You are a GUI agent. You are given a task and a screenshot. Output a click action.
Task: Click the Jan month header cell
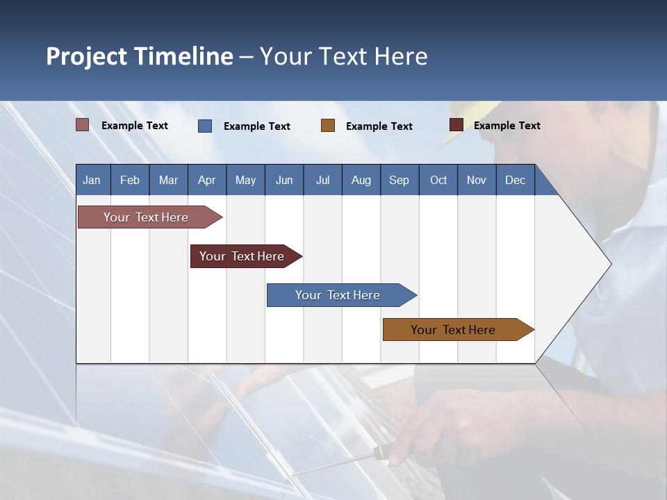click(92, 180)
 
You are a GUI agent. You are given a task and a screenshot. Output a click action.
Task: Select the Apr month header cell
click(207, 180)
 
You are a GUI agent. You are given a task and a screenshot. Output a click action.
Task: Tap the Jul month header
click(322, 180)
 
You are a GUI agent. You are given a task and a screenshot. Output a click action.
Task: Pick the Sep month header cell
click(399, 180)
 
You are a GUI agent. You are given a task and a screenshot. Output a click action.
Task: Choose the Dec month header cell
click(515, 180)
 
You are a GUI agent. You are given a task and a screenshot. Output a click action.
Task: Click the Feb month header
click(130, 180)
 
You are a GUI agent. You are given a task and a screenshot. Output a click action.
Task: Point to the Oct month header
click(438, 180)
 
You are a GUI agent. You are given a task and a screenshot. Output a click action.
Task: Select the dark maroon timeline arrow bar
click(243, 256)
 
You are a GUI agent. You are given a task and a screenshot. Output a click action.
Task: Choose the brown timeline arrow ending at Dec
click(455, 330)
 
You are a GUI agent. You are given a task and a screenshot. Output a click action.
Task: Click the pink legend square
click(83, 125)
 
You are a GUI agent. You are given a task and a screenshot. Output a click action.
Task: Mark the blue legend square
click(205, 126)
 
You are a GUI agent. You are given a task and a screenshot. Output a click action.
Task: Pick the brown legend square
click(328, 126)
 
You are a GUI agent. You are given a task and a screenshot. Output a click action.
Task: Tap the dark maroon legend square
click(456, 125)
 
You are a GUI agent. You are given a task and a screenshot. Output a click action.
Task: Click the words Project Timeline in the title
click(139, 56)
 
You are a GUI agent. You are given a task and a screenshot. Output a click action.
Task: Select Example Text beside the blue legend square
click(257, 126)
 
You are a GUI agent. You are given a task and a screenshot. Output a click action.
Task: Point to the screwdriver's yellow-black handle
click(380, 453)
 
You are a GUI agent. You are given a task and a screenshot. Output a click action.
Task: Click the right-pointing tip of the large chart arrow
click(609, 264)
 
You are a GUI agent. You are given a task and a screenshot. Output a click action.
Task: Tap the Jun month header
click(284, 180)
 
